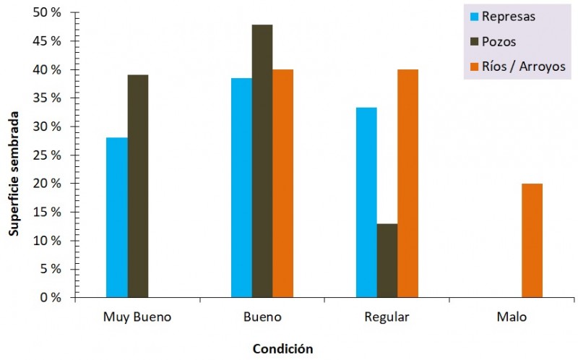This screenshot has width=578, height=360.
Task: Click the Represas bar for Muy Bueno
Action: pyautogui.click(x=116, y=217)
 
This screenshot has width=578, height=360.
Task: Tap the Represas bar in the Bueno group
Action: pyautogui.click(x=241, y=187)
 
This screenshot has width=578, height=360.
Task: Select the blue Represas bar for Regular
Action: pyautogui.click(x=366, y=202)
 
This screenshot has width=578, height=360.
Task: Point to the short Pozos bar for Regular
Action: pyautogui.click(x=387, y=260)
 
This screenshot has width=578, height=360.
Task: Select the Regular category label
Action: pyautogui.click(x=387, y=317)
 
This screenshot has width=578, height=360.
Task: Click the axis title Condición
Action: pyautogui.click(x=282, y=348)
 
